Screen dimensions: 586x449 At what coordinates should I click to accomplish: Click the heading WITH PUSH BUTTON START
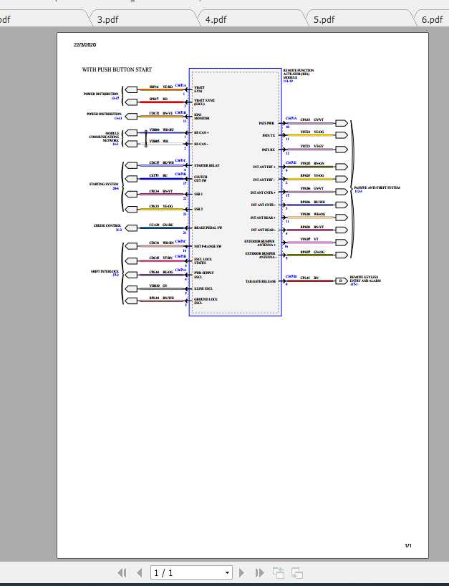[x=117, y=70]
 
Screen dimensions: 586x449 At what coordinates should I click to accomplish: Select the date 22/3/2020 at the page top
[x=85, y=45]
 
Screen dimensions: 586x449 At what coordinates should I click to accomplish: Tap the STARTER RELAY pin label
[x=206, y=165]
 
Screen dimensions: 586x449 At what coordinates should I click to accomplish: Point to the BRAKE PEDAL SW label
[x=208, y=228]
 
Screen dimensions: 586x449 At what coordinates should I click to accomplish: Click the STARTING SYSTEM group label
[x=104, y=185]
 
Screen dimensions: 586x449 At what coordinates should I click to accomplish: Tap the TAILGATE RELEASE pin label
[x=261, y=281]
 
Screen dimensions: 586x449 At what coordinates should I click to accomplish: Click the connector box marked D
[x=341, y=280]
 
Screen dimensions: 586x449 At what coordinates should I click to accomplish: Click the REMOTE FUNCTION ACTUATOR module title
[x=298, y=74]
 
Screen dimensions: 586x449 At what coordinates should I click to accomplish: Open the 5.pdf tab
[x=324, y=19]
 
